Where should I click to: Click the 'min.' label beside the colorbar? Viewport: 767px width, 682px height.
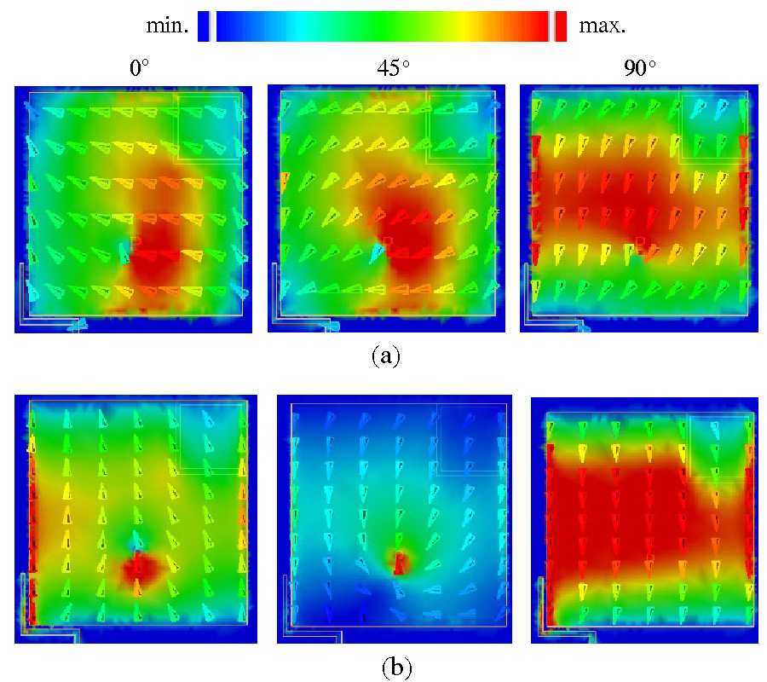[168, 26]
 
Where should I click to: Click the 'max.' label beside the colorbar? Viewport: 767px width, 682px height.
[603, 26]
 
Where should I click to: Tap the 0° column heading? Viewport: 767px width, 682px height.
[140, 69]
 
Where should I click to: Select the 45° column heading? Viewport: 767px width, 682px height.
[391, 69]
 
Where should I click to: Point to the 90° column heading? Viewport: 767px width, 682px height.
[640, 69]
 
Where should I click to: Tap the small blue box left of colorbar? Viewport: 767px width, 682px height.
[204, 26]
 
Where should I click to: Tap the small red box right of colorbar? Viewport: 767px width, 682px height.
[560, 26]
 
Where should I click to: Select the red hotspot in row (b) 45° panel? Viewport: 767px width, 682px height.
[400, 562]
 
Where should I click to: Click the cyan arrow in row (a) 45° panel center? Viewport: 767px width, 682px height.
[378, 251]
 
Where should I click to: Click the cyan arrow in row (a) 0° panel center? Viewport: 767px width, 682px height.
[126, 251]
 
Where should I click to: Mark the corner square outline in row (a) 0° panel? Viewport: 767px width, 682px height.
[208, 127]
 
